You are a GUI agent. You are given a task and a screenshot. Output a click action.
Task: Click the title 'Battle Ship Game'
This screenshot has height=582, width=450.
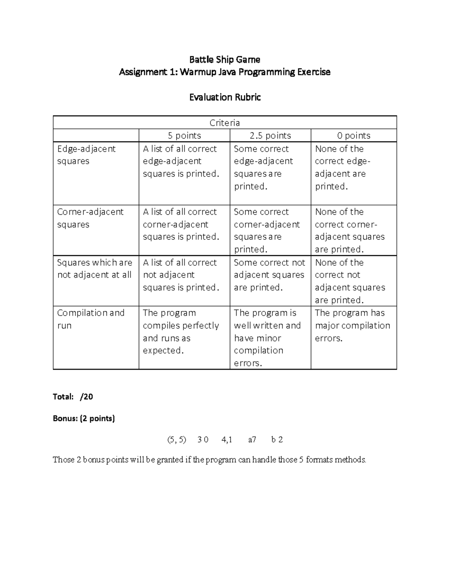coord(225,59)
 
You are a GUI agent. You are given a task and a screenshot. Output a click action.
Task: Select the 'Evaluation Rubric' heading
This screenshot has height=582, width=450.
coord(225,97)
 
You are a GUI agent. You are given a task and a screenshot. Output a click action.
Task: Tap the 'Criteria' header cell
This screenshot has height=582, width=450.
coord(225,123)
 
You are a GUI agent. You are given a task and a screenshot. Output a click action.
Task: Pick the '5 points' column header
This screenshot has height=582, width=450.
coord(184,135)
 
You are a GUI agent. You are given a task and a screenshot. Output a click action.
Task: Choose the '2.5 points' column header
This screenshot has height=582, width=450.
coord(270,135)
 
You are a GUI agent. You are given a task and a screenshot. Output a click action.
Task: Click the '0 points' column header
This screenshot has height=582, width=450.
coord(354,135)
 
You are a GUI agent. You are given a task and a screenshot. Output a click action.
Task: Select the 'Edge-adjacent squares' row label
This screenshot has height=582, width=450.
coord(86,155)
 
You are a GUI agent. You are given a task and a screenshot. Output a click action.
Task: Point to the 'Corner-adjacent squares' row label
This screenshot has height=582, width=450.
coord(90,218)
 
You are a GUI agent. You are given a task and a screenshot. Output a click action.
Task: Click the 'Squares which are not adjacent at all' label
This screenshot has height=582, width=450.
coord(94,268)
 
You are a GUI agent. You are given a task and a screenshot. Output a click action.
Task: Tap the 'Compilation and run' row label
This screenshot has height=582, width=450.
coord(90,319)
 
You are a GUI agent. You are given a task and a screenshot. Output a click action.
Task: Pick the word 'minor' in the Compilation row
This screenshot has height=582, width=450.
coord(268,338)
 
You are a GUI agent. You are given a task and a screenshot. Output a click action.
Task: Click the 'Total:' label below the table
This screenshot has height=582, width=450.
coord(63,396)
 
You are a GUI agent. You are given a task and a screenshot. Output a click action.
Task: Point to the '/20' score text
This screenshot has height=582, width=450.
coord(86,396)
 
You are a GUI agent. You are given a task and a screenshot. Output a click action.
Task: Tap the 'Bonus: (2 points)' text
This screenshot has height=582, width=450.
coord(84,418)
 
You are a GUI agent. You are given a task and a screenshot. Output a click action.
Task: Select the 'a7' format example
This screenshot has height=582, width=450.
coord(252,440)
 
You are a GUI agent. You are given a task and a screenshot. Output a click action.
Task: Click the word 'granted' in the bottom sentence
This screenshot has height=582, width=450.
coord(170,460)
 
